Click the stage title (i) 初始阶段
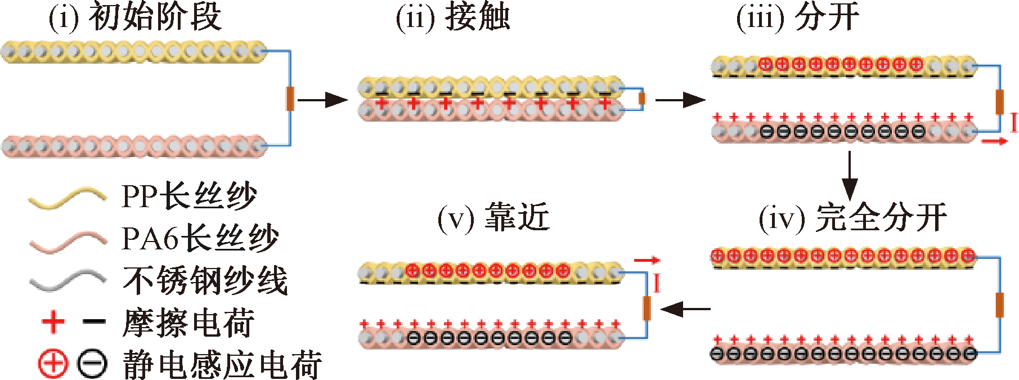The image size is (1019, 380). coord(135,17)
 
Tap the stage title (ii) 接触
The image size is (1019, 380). coord(453,17)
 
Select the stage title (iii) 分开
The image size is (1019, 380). coord(797,17)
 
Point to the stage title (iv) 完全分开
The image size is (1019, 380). coord(852,218)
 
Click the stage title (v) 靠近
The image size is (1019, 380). coord(493,218)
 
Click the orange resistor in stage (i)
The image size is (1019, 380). coord(290,99)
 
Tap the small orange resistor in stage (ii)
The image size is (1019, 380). coord(642,99)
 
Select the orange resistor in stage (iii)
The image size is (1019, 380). coord(1000,101)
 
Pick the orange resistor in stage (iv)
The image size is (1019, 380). coord(1000,305)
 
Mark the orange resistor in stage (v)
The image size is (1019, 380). coord(647,307)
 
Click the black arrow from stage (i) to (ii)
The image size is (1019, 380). coord(322,100)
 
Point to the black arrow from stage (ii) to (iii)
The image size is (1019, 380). coord(680,100)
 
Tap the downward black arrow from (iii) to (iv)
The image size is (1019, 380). coord(850,175)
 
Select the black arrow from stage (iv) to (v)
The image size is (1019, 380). coord(685,309)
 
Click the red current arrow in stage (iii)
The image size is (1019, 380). coord(994,141)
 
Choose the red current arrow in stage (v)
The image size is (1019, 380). coord(647,260)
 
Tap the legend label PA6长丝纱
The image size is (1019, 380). coord(200,238)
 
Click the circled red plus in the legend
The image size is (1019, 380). coord(53,364)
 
